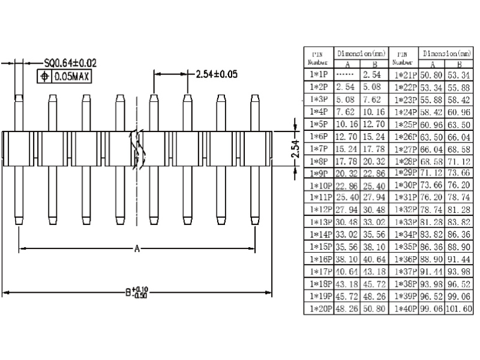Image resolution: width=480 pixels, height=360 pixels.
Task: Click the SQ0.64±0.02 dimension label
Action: (x=70, y=62)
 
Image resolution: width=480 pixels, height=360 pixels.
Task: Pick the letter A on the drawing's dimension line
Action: (x=137, y=248)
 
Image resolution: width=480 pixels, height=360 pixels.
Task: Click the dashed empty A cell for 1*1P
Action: (x=346, y=74)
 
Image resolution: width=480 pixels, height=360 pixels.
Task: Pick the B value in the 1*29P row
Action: (x=460, y=173)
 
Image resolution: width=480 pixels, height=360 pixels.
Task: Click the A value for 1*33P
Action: (x=432, y=222)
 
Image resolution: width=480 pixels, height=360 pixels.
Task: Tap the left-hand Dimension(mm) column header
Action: (x=360, y=53)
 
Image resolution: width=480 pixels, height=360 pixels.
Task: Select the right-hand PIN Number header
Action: (x=403, y=58)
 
